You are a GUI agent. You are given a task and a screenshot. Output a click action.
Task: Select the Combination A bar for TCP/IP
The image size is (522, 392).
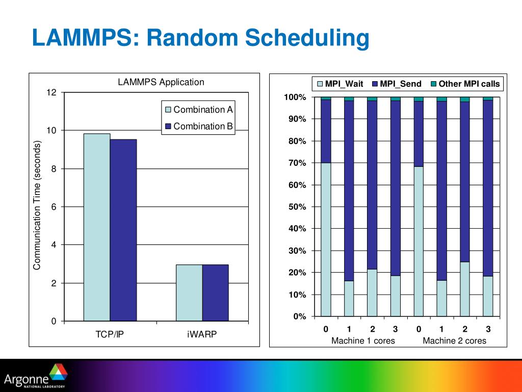(x=97, y=227)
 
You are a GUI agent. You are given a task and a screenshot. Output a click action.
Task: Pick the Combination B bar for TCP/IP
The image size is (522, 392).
(x=123, y=230)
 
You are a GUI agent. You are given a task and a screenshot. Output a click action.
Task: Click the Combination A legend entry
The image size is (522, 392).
(x=199, y=110)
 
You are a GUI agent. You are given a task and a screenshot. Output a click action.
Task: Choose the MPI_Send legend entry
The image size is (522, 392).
(x=397, y=84)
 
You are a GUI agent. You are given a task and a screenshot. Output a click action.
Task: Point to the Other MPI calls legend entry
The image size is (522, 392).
(x=465, y=84)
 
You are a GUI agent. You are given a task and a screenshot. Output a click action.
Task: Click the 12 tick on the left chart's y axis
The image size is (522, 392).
(x=51, y=92)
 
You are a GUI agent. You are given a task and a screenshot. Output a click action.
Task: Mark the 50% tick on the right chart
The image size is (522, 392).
(x=296, y=207)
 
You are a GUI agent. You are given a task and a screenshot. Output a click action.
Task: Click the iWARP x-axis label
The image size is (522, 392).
(x=202, y=335)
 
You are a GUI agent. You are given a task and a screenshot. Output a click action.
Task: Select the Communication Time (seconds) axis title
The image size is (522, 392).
(x=37, y=206)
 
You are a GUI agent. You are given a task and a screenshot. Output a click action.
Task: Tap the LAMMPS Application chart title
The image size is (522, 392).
(x=161, y=82)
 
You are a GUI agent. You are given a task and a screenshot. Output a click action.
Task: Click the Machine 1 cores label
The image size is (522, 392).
(x=363, y=340)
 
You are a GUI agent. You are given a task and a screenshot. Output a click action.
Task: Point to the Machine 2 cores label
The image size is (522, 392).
(x=454, y=340)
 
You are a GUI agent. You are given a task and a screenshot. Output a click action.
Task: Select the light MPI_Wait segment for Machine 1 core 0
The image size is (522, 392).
(x=326, y=239)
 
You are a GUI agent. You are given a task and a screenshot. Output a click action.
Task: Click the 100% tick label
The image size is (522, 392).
(x=295, y=97)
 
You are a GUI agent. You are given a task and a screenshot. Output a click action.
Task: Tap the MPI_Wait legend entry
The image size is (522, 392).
(x=340, y=84)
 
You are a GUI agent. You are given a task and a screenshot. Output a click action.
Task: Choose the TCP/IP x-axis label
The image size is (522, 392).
(x=110, y=335)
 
